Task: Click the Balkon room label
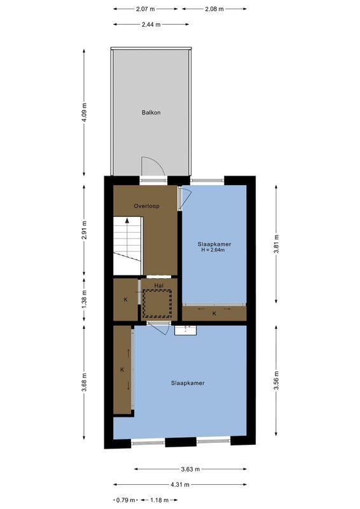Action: (151, 113)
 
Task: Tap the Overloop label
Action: (146, 206)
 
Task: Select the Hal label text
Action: (158, 286)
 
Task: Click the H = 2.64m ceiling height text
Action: (214, 250)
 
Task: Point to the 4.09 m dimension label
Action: (85, 113)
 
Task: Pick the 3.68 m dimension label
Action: (85, 382)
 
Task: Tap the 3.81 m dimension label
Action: (275, 244)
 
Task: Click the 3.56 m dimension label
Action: (275, 382)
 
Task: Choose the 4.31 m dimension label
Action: (180, 485)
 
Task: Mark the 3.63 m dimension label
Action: (190, 470)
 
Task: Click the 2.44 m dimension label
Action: (151, 24)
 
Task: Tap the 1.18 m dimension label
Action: (159, 500)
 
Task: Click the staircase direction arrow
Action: (127, 221)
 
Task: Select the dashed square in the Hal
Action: (157, 303)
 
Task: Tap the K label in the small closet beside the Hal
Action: (125, 299)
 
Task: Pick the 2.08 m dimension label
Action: (214, 9)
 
